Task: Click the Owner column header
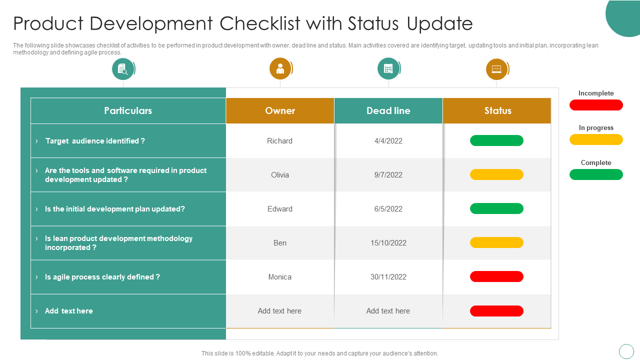coord(279,110)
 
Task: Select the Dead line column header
coord(388,110)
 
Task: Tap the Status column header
coord(497,110)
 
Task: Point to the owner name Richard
coord(279,141)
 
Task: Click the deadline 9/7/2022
coord(388,175)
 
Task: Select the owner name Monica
coord(279,277)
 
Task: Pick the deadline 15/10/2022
coord(388,243)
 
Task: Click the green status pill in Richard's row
coord(496,140)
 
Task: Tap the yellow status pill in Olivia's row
coord(496,174)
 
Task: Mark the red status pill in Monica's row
coord(496,276)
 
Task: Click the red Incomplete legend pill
coord(596,105)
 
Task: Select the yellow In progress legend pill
coord(596,139)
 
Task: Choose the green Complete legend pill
coord(596,174)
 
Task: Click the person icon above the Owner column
coord(280,69)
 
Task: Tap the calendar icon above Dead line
coord(388,68)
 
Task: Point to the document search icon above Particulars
coord(123,69)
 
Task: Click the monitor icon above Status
coord(496,69)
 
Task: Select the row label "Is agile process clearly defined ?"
coord(102,277)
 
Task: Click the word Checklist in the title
coord(259,23)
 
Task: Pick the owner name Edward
coord(279,209)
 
